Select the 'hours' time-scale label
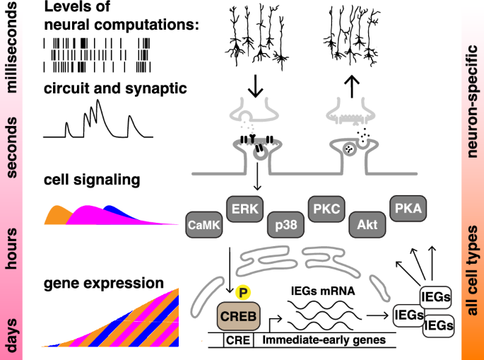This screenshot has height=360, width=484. [x=13, y=250]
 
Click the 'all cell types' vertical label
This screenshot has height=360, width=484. [x=471, y=271]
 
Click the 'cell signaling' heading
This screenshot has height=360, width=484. [x=91, y=180]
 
